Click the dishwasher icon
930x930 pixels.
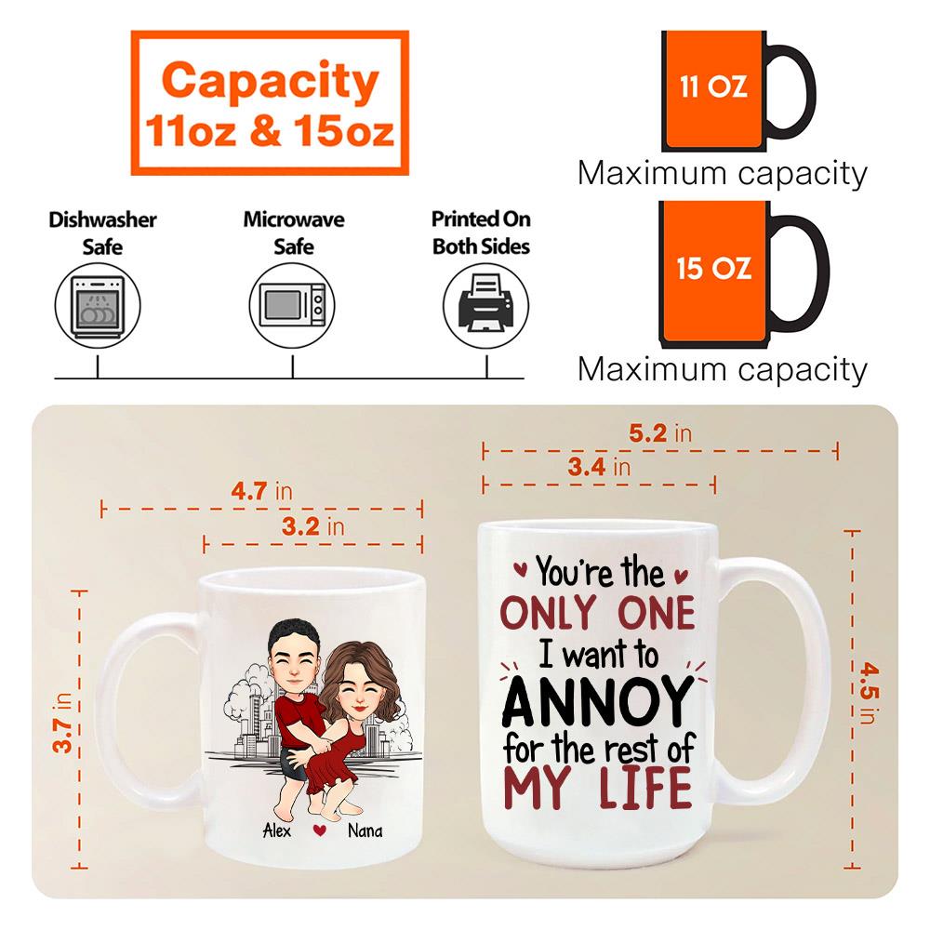click(x=98, y=305)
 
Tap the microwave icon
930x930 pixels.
click(x=292, y=305)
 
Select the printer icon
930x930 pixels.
click(x=486, y=305)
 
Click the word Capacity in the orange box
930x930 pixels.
click(x=270, y=82)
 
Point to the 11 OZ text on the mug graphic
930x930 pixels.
click(x=713, y=86)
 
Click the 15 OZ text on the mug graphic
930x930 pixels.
click(x=714, y=268)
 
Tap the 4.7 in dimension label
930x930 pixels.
click(x=261, y=491)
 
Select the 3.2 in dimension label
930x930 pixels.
click(x=312, y=526)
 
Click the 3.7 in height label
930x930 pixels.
click(x=62, y=723)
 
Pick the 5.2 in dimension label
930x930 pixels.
click(x=660, y=433)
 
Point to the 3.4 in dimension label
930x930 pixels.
click(x=599, y=467)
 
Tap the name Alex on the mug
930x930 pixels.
click(x=277, y=830)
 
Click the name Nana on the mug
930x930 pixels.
click(x=365, y=830)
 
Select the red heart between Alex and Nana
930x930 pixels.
click(x=320, y=830)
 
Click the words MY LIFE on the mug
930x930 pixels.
click(x=598, y=787)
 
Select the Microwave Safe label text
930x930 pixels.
click(x=294, y=232)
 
